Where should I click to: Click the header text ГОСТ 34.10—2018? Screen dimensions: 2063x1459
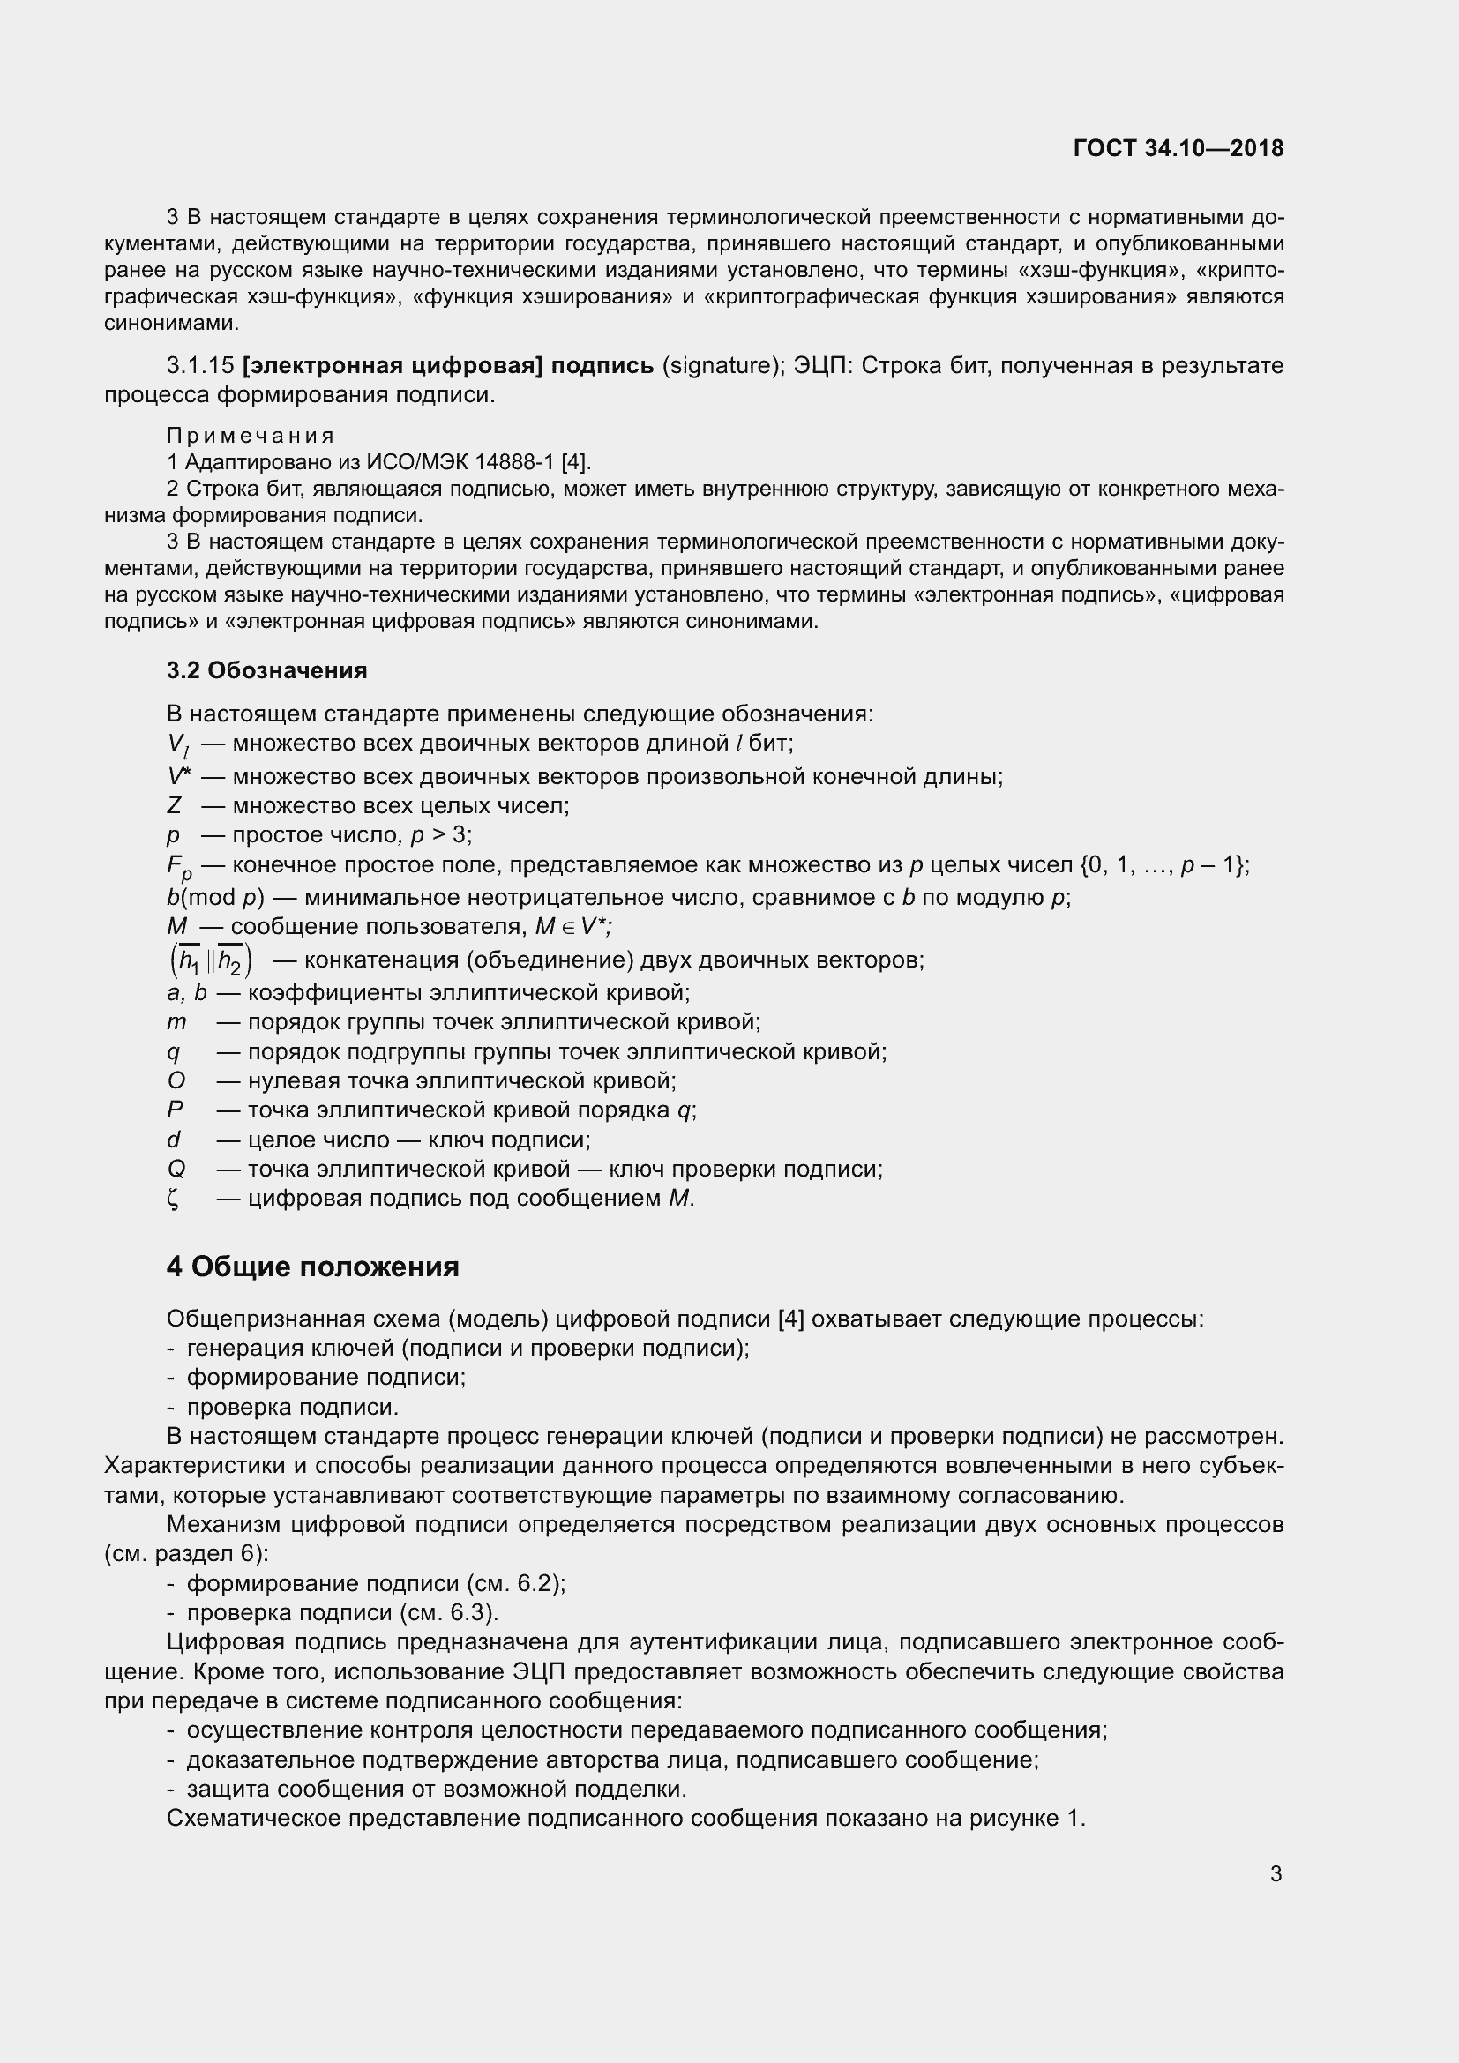pyautogui.click(x=1178, y=148)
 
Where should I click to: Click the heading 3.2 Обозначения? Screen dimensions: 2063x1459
pyautogui.click(x=266, y=670)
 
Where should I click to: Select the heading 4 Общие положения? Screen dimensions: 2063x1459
pyautogui.click(x=312, y=1267)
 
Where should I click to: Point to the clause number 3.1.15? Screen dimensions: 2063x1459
pyautogui.click(x=200, y=366)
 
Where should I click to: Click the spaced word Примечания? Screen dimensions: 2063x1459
pyautogui.click(x=250, y=436)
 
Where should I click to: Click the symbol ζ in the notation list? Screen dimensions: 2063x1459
pyautogui.click(x=173, y=1199)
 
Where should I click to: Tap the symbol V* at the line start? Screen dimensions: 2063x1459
pyautogui.click(x=179, y=775)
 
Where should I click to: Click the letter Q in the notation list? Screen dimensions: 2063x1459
pyautogui.click(x=176, y=1169)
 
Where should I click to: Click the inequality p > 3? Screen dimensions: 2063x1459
pyautogui.click(x=439, y=834)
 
